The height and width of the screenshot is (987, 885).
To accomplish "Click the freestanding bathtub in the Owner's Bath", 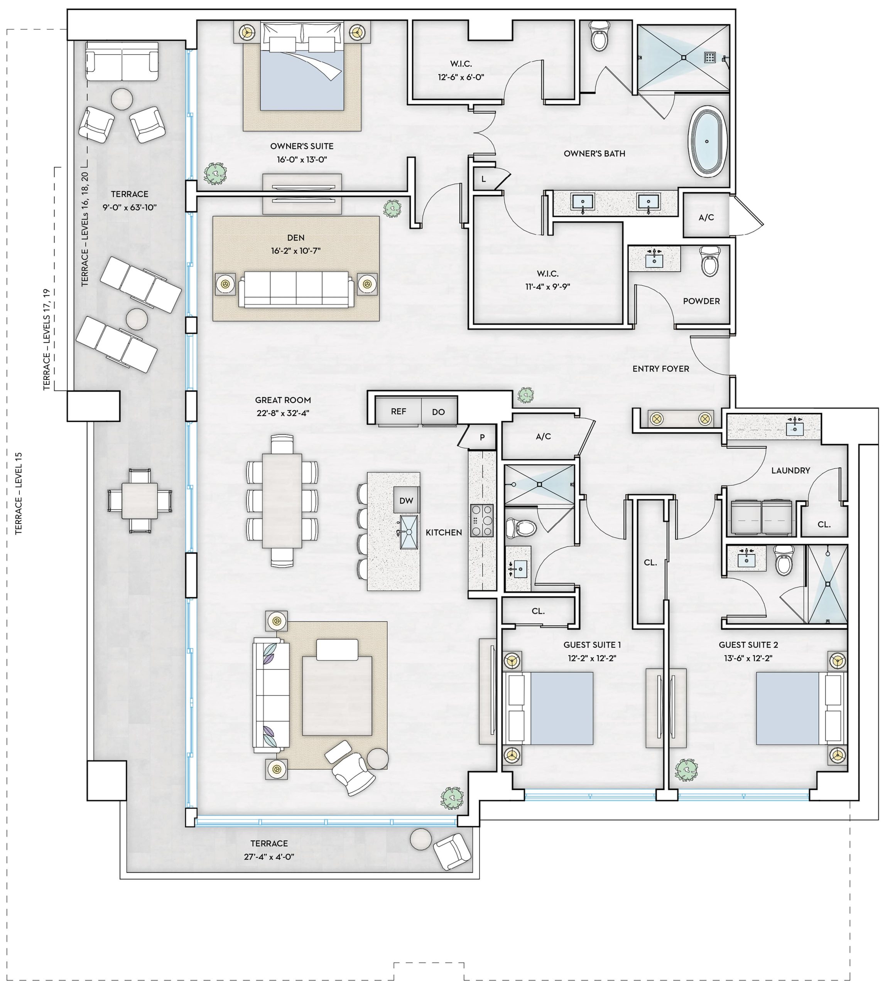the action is [708, 141].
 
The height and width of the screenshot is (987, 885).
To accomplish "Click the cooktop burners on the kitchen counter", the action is [482, 520].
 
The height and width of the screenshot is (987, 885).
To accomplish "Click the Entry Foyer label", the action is [661, 369].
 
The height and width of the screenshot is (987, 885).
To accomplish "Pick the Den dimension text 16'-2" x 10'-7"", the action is [296, 251].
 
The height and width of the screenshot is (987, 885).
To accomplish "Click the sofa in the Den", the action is [296, 289].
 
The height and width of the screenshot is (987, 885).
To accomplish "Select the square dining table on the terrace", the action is [140, 500].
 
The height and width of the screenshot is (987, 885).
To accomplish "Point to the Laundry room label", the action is [790, 470].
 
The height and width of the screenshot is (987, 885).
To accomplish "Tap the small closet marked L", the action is [484, 179].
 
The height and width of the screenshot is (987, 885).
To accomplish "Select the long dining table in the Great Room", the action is [282, 500].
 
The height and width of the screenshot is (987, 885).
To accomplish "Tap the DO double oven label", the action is [438, 412].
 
